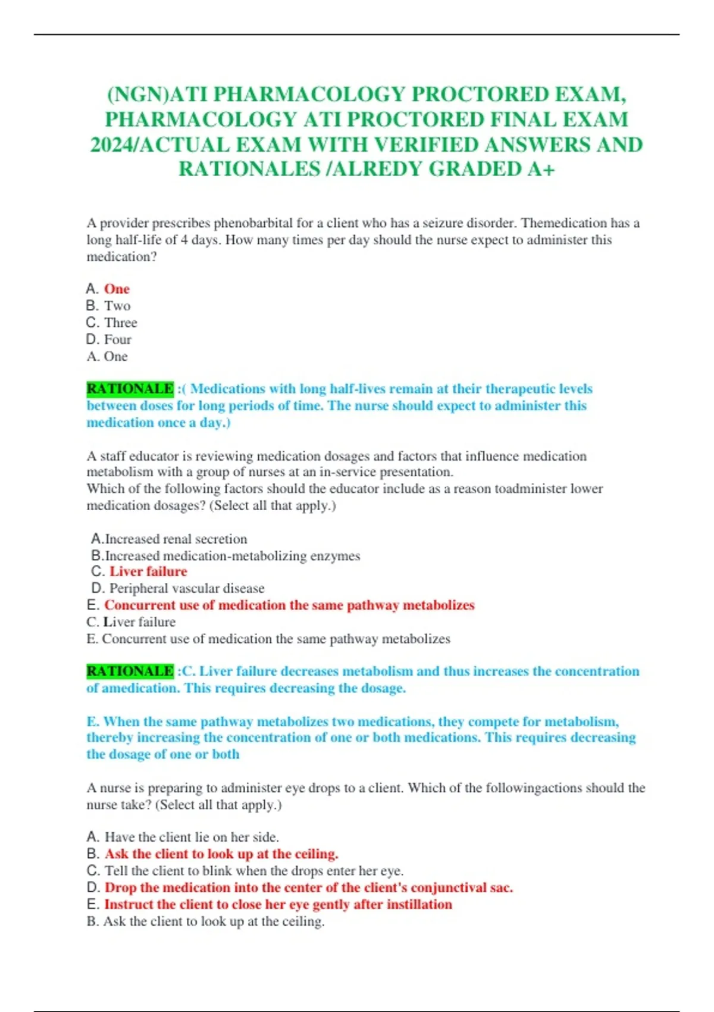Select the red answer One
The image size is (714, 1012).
[117, 289]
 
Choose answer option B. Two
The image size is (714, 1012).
[108, 306]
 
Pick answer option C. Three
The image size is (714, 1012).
[112, 323]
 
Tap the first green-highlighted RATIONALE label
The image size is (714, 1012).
[130, 389]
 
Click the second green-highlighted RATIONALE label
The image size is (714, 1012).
[130, 671]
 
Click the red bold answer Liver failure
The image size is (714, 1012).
[148, 571]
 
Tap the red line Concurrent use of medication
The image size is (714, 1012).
[289, 605]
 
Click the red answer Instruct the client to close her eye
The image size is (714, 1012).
[278, 904]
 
